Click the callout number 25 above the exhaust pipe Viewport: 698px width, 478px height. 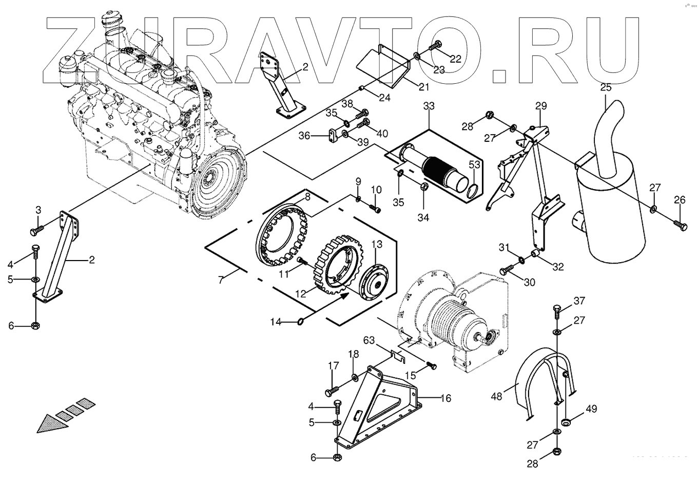click(x=606, y=87)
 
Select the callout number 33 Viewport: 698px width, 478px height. click(x=429, y=106)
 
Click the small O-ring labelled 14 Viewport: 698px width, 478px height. click(x=300, y=322)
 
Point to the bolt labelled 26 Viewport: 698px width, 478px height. click(x=679, y=225)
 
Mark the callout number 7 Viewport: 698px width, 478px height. click(x=221, y=281)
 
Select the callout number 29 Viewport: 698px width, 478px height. click(x=541, y=106)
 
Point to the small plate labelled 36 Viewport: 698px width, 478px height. click(x=333, y=135)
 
